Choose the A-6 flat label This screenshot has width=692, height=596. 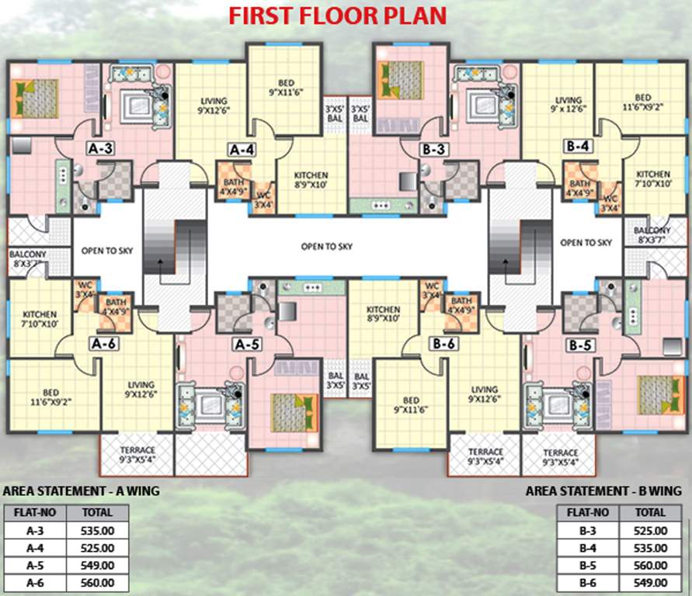click(103, 343)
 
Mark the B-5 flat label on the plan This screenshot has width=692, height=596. click(579, 343)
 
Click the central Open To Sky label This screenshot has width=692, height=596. click(326, 246)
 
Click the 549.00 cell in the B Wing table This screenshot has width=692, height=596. click(649, 583)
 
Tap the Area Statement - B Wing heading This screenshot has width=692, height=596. click(603, 491)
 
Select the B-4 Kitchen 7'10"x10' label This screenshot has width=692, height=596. click(652, 178)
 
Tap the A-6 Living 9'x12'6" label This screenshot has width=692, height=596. click(140, 390)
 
